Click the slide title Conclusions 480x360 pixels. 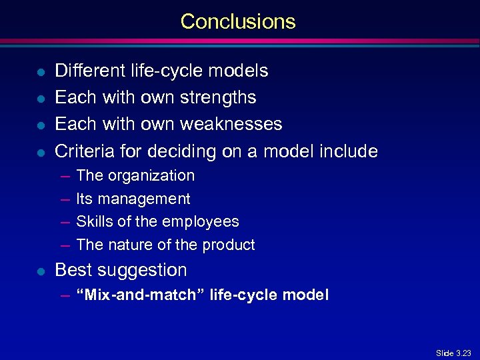coord(238,21)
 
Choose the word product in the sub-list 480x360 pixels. coord(229,245)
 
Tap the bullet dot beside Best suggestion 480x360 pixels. coord(41,271)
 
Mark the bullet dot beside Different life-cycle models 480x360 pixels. coord(41,71)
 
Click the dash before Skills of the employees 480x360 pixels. coord(65,222)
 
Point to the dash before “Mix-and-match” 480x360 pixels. coord(65,295)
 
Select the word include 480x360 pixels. coord(348,151)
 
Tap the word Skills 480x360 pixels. coord(93,221)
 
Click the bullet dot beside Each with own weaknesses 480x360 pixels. coord(41,125)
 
